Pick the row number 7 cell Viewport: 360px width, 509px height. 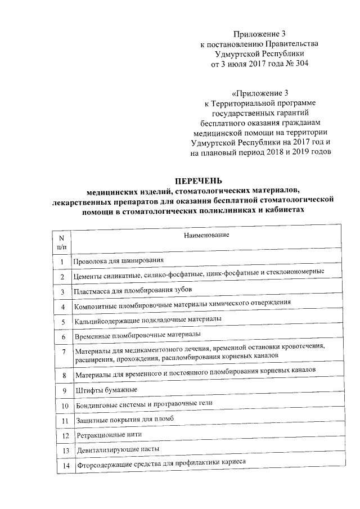point(64,353)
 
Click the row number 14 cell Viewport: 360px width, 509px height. point(66,465)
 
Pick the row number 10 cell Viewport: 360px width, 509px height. point(65,406)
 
